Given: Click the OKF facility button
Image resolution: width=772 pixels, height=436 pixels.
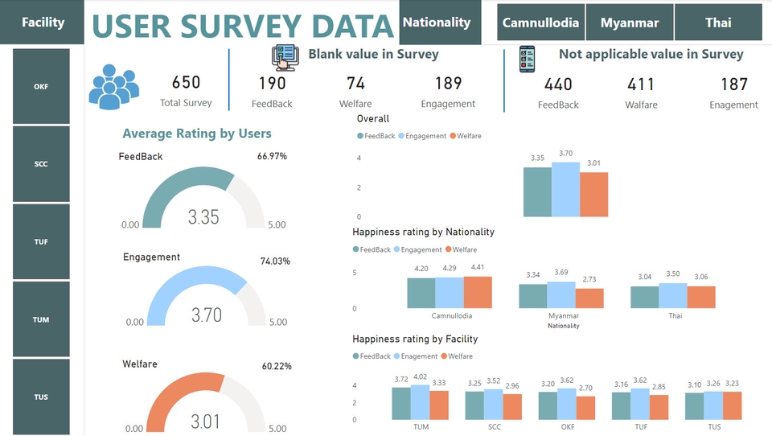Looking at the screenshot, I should (41, 87).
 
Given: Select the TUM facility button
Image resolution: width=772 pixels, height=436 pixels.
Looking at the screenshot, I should (41, 319).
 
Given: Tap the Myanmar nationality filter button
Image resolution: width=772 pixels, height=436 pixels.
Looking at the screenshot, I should (630, 23).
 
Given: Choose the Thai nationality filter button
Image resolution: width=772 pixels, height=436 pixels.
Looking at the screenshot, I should (718, 23).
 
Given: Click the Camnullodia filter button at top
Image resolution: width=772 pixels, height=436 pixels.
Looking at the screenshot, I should (540, 23).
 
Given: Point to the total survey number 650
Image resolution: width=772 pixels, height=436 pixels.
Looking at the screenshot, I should (186, 83).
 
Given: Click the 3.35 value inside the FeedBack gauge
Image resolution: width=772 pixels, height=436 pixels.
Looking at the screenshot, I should (203, 216).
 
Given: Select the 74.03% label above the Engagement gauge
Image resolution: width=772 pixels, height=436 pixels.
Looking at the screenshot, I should (274, 261).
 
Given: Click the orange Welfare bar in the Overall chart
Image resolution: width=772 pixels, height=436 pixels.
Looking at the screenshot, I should (593, 195).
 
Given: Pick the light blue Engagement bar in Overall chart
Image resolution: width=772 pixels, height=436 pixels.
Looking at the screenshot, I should (565, 190).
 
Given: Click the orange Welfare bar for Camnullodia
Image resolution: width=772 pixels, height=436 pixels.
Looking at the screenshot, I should (478, 293).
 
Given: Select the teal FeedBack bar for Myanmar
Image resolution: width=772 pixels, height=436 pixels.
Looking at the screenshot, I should (532, 296).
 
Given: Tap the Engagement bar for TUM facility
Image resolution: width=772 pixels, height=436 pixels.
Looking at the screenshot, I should (421, 402).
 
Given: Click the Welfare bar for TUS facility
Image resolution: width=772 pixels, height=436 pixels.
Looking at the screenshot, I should (731, 405).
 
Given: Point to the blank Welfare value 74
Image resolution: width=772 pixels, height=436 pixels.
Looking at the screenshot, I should (355, 83).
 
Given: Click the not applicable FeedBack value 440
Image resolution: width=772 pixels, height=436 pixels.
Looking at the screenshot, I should (558, 84).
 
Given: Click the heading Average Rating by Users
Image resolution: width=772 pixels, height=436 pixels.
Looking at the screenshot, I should (197, 134).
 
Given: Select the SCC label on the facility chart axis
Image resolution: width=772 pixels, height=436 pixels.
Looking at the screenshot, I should (494, 426).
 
